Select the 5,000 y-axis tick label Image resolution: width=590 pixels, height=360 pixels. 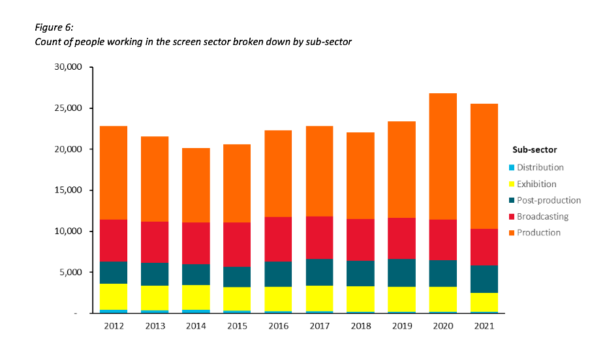click(70, 272)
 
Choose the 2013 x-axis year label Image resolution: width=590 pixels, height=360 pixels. click(154, 326)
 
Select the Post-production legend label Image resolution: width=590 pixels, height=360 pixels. click(548, 200)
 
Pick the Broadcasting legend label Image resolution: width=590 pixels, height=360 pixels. click(542, 217)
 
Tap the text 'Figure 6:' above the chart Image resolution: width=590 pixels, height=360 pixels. click(54, 27)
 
